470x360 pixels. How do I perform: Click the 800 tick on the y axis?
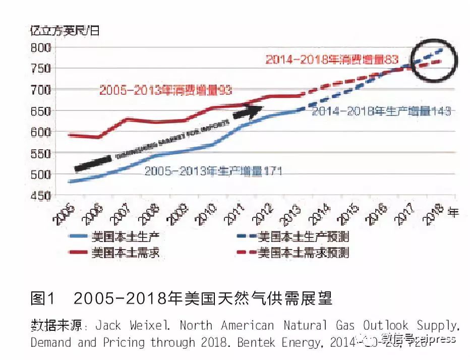coord(41,48)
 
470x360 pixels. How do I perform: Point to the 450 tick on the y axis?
coord(41,196)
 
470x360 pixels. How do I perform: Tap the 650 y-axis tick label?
coord(41,111)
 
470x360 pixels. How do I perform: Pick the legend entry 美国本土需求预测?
coord(303,253)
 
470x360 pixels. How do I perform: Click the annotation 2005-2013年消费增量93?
coord(165,91)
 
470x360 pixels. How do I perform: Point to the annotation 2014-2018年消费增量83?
coord(332,59)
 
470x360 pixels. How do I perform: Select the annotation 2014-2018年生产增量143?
coord(381,112)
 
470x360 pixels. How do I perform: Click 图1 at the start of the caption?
coord(42,298)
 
